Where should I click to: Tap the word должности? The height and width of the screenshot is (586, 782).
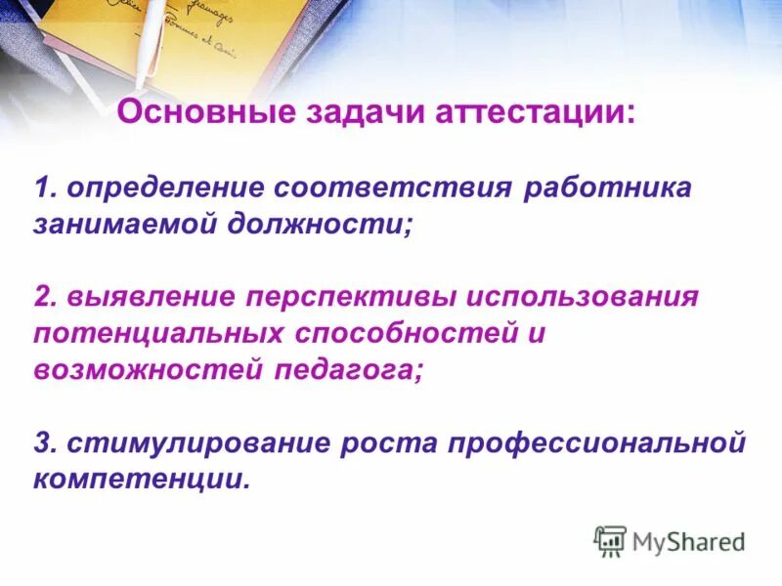tap(323, 224)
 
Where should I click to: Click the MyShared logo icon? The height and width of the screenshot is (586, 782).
tap(610, 541)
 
